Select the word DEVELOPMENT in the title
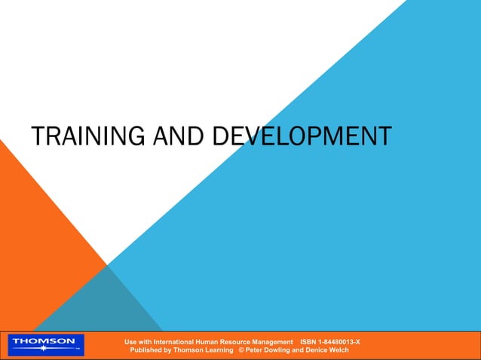(x=302, y=136)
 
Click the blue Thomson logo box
(x=46, y=345)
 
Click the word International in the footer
(x=184, y=342)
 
